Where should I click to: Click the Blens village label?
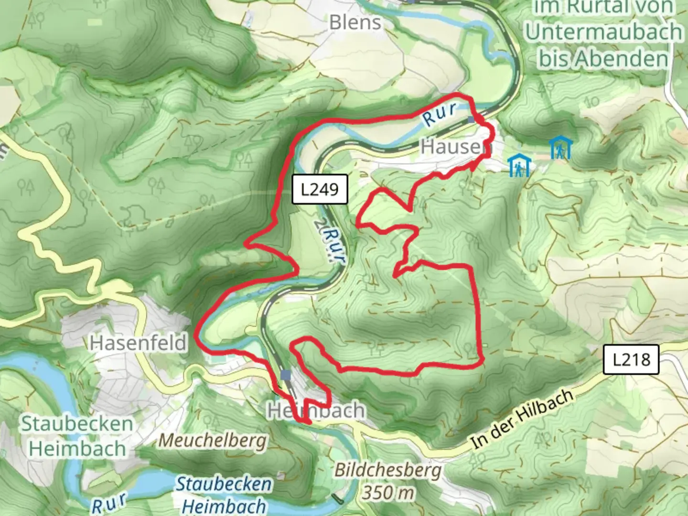pyautogui.click(x=355, y=22)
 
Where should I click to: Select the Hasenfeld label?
pyautogui.click(x=138, y=343)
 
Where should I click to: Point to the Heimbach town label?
pyautogui.click(x=316, y=410)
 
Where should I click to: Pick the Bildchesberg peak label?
pyautogui.click(x=387, y=470)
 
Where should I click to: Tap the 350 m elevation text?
pyautogui.click(x=387, y=492)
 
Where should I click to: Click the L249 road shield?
pyautogui.click(x=320, y=189)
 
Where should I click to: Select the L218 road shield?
pyautogui.click(x=631, y=359)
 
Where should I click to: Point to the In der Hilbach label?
pyautogui.click(x=522, y=419)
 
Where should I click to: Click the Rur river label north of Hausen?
pyautogui.click(x=439, y=114)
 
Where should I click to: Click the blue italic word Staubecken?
pyautogui.click(x=224, y=484)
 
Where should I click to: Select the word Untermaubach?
pyautogui.click(x=604, y=32)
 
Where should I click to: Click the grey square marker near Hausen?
pyautogui.click(x=472, y=119)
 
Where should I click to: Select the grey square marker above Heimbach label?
pyautogui.click(x=286, y=376)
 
